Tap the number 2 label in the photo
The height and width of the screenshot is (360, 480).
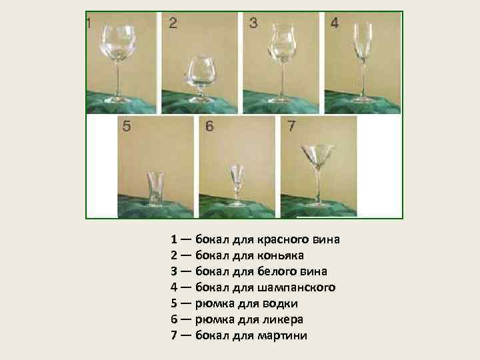click(x=173, y=23)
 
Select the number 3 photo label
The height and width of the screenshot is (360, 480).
click(x=253, y=23)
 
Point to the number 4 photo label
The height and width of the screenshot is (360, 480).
click(x=335, y=23)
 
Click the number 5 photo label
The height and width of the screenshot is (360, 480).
click(x=127, y=126)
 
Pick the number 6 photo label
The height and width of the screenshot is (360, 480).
click(x=209, y=126)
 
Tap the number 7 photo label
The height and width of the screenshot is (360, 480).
click(x=291, y=126)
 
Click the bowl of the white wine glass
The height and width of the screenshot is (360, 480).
click(x=281, y=43)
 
